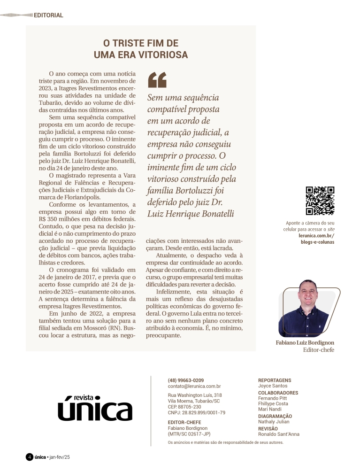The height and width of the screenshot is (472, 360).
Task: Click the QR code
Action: [x=320, y=200]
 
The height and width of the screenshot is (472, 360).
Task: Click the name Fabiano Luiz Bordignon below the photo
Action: [x=305, y=343]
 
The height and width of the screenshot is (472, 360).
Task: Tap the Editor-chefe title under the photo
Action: [x=319, y=350]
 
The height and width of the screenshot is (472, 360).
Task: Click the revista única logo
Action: [x=95, y=407]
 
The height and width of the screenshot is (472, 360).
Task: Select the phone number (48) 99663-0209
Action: [x=185, y=380]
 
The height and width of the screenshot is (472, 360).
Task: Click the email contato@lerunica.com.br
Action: [x=194, y=386]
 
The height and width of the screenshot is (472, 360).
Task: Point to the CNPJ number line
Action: [x=196, y=412]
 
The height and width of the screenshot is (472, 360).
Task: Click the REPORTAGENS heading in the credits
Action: [x=275, y=380]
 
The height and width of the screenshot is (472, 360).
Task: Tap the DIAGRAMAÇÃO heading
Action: [x=275, y=416]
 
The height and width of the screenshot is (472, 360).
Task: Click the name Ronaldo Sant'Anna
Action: [x=279, y=434]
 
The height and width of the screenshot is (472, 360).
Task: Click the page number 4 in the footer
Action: [x=29, y=457]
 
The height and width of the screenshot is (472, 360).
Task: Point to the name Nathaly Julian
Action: [x=274, y=422]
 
